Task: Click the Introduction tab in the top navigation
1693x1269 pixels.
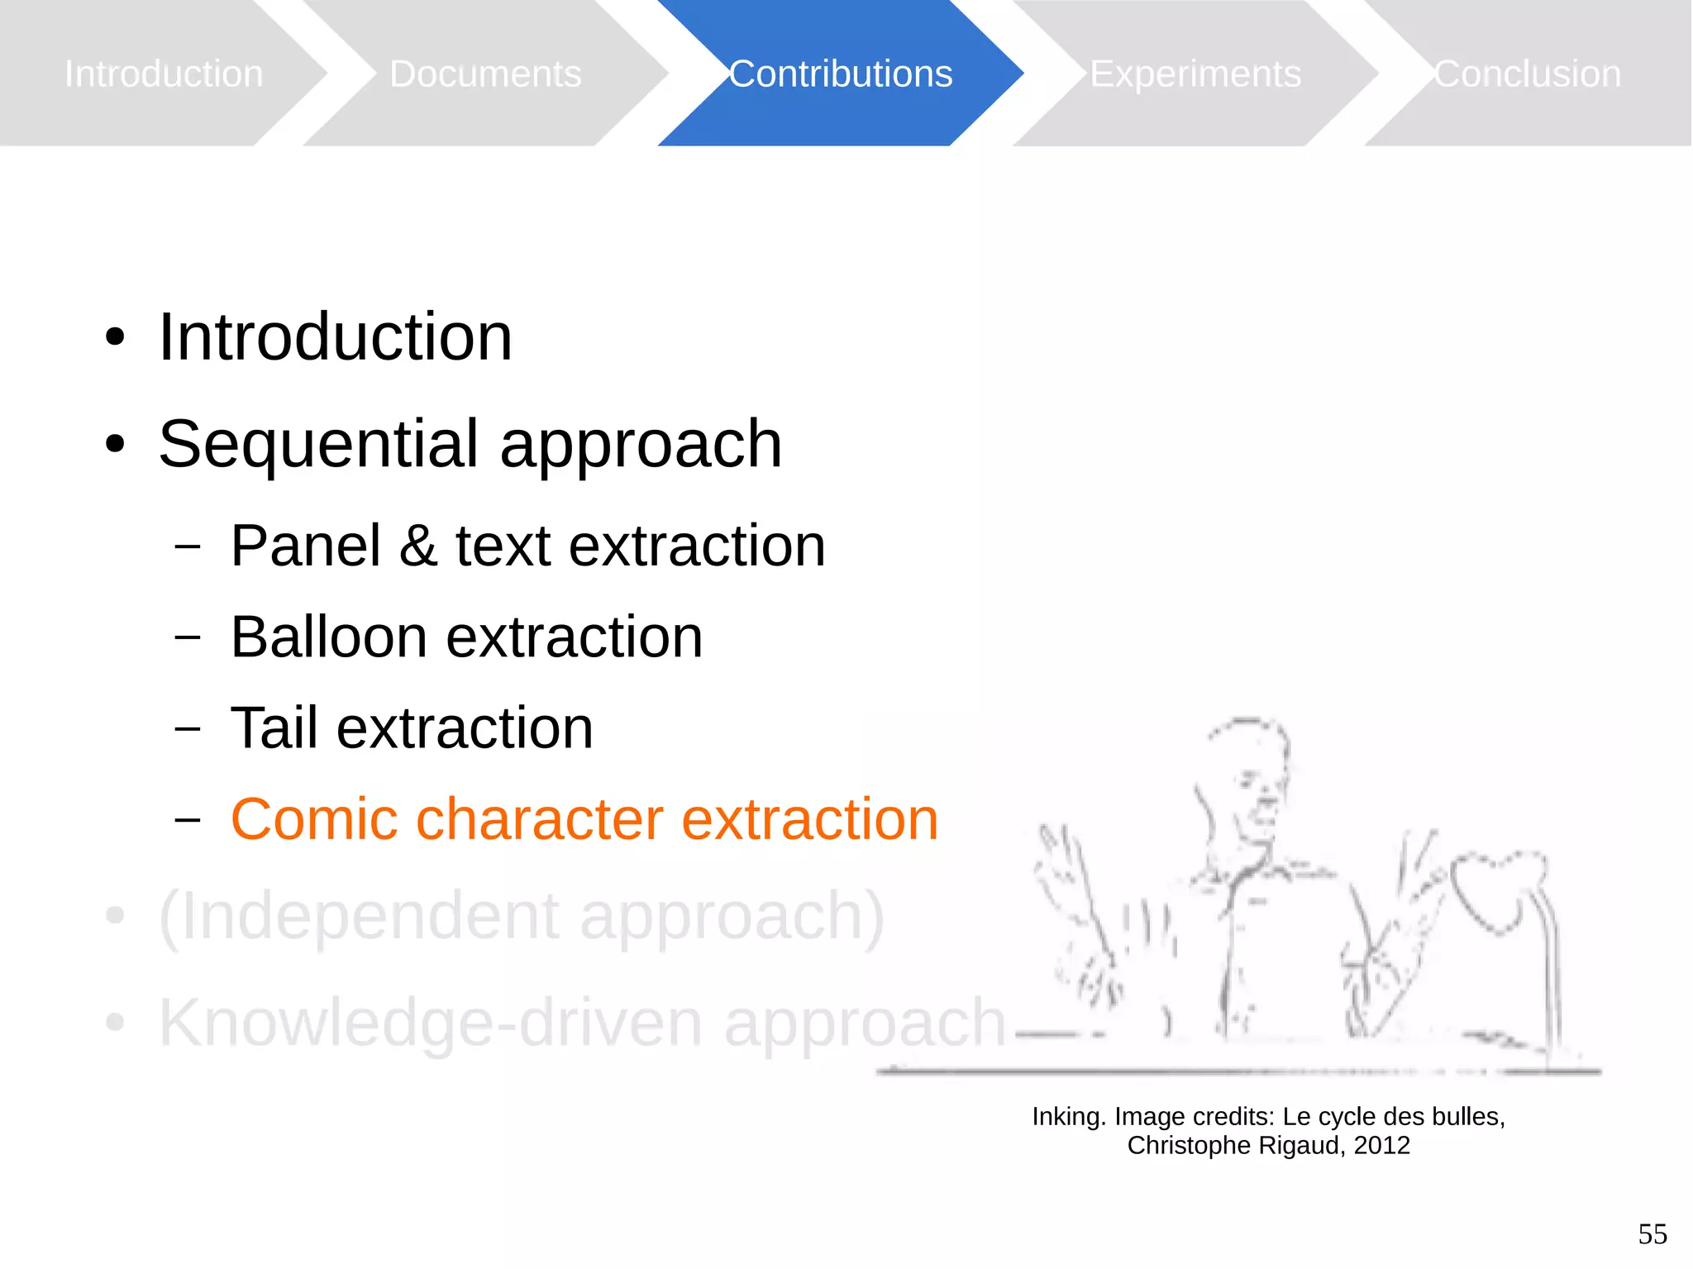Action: coord(164,74)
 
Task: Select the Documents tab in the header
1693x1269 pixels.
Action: coord(485,74)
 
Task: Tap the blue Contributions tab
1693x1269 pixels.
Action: coord(841,74)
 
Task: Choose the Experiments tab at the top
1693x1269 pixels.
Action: coord(1195,74)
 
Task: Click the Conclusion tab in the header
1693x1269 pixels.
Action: coord(1528,74)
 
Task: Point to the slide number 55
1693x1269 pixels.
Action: coord(1652,1234)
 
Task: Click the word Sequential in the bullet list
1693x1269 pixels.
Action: coord(318,444)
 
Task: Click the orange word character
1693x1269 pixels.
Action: coord(539,819)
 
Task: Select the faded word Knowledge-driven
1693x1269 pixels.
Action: coord(431,1023)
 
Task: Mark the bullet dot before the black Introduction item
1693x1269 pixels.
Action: coord(115,337)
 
